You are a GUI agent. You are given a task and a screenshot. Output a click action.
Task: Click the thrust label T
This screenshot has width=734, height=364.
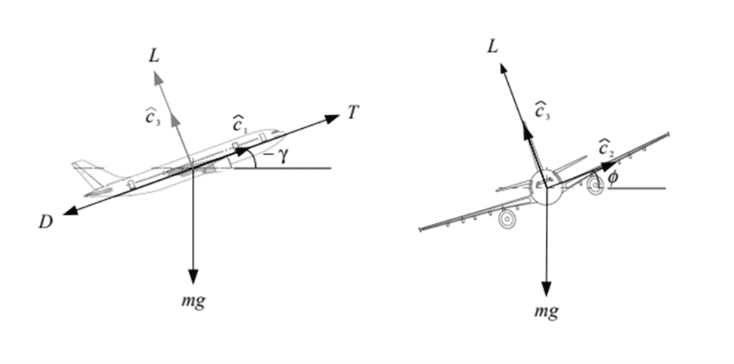click(353, 112)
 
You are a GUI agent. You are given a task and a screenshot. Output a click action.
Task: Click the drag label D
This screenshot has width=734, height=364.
click(45, 222)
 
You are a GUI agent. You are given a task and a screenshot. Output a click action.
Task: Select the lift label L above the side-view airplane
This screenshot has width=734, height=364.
click(154, 56)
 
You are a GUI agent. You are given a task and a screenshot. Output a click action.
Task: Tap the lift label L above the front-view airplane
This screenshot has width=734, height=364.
click(492, 47)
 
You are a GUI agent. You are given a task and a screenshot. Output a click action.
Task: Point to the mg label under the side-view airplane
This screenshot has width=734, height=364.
click(193, 300)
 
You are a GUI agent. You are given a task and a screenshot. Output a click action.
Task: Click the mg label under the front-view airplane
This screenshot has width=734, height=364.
click(547, 310)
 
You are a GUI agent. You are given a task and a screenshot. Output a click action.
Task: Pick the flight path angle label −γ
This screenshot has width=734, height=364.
click(277, 158)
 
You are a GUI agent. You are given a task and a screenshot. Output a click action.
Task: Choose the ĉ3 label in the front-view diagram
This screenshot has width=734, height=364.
click(541, 110)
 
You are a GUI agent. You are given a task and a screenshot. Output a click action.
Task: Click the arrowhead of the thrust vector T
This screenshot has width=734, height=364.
click(332, 118)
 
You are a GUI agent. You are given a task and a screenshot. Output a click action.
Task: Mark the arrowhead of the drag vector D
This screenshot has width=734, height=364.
click(70, 211)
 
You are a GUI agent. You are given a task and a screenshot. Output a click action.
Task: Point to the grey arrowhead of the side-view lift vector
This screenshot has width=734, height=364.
click(158, 78)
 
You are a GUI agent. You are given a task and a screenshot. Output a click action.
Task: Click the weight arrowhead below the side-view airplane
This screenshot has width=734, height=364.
click(193, 277)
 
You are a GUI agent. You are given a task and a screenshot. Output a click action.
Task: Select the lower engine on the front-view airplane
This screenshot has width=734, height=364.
click(507, 219)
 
